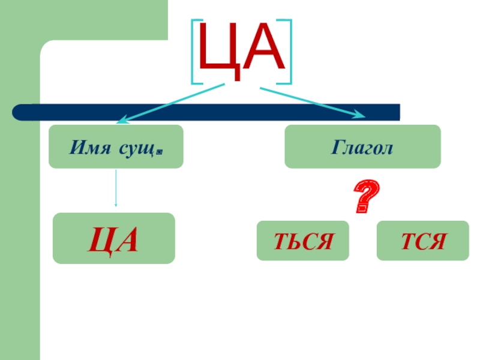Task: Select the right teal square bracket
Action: click(x=289, y=52)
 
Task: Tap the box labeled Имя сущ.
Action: click(x=116, y=146)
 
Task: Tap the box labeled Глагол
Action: click(x=362, y=146)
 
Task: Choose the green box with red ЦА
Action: click(x=114, y=238)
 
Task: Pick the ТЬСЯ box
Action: click(x=302, y=241)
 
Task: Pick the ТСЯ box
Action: click(x=422, y=241)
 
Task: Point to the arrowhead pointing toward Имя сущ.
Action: click(x=120, y=119)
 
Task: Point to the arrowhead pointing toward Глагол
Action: click(x=360, y=115)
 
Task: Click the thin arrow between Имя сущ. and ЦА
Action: click(x=116, y=189)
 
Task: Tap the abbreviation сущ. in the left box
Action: click(x=139, y=147)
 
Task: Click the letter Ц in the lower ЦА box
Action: click(x=100, y=239)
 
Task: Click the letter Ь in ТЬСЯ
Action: click(x=298, y=241)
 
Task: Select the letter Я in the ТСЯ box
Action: click(x=439, y=241)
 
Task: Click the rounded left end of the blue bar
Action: click(x=18, y=112)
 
